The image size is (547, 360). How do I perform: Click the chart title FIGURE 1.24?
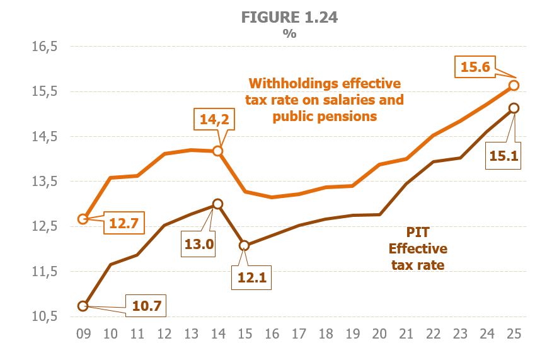tap(289, 18)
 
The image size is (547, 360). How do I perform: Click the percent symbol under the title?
tap(289, 34)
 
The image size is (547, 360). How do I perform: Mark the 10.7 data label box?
tap(147, 306)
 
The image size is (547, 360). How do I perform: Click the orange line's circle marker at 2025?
tap(514, 85)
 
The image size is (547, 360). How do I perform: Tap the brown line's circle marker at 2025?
tap(514, 108)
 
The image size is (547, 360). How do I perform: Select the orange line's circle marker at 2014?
tap(217, 151)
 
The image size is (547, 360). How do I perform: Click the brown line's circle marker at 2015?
tap(244, 246)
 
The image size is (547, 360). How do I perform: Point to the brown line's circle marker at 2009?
tap(83, 306)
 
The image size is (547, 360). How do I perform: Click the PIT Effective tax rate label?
tap(418, 248)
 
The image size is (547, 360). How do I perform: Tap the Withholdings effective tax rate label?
tap(324, 100)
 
